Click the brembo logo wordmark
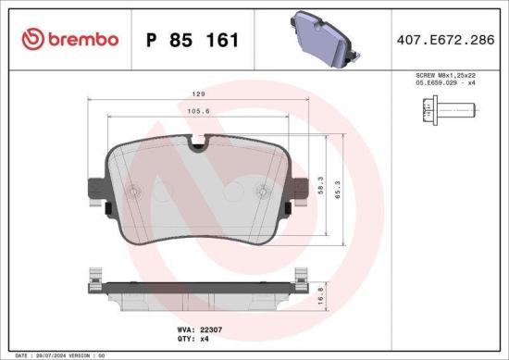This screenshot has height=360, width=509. pyautogui.click(x=70, y=39)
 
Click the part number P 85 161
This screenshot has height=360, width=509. pyautogui.click(x=192, y=41)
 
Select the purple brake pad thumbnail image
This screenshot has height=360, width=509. pyautogui.click(x=324, y=38)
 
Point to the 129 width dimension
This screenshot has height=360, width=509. pyautogui.click(x=198, y=94)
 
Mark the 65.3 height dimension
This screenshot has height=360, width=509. pyautogui.click(x=340, y=189)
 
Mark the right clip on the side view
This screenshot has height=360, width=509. pyautogui.click(x=301, y=277)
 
